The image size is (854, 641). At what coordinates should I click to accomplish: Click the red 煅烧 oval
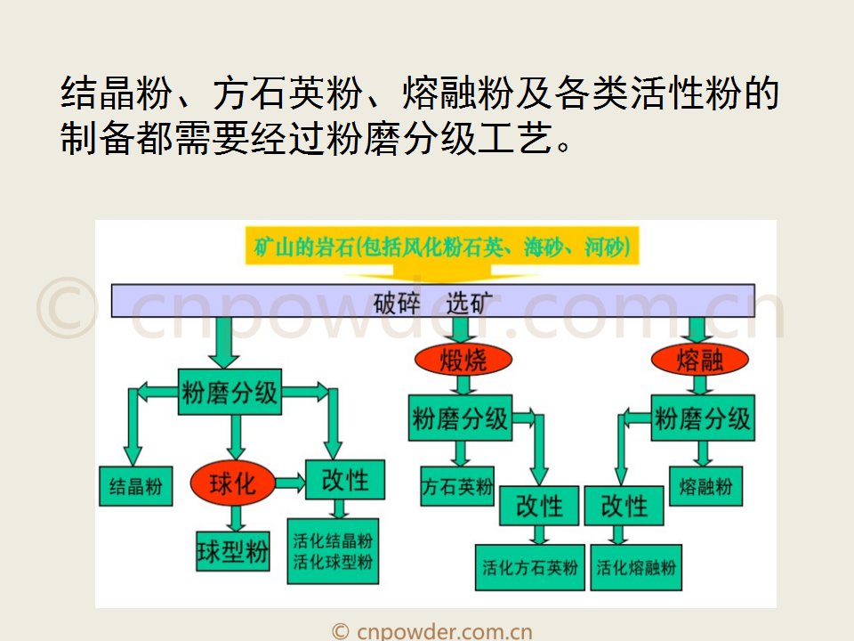[463, 360]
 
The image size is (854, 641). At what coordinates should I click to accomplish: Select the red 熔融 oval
[700, 360]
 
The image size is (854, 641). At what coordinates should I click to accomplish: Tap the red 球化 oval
[232, 483]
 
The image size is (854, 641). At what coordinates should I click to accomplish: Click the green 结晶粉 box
[135, 486]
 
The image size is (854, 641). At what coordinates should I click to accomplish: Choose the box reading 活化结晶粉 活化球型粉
[333, 551]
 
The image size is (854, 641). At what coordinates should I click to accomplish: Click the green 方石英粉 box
[457, 486]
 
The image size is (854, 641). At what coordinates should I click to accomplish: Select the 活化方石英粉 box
[529, 567]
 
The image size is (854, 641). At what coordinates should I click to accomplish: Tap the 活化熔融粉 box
[636, 567]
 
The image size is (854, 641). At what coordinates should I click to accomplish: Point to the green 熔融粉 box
[705, 486]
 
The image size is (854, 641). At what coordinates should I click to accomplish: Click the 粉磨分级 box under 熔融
[703, 418]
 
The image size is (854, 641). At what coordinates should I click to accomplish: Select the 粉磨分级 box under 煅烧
[460, 418]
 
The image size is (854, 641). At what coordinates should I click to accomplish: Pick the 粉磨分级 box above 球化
[230, 392]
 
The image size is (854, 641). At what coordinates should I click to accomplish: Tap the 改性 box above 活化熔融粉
[624, 506]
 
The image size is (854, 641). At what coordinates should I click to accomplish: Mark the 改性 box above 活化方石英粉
[539, 506]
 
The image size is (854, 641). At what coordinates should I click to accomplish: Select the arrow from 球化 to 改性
[288, 483]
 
